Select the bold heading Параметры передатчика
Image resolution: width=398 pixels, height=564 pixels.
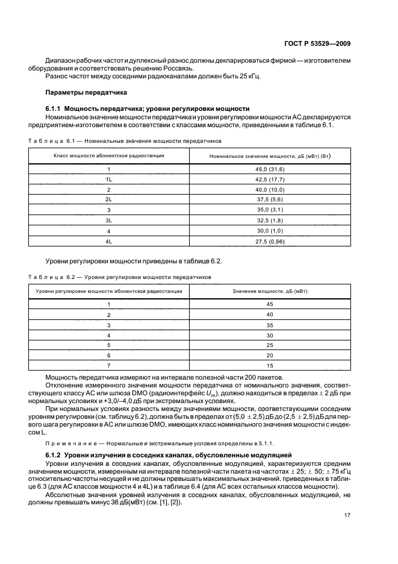(x=86, y=93)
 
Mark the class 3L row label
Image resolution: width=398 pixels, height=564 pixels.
(x=108, y=222)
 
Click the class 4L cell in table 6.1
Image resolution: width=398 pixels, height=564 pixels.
(x=108, y=241)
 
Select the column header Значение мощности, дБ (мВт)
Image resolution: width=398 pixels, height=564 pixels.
(x=270, y=291)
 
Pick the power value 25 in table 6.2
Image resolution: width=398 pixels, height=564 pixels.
(x=270, y=345)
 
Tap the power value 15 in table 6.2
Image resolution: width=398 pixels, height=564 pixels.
(x=270, y=365)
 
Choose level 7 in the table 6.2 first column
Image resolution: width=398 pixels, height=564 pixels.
(x=108, y=365)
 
